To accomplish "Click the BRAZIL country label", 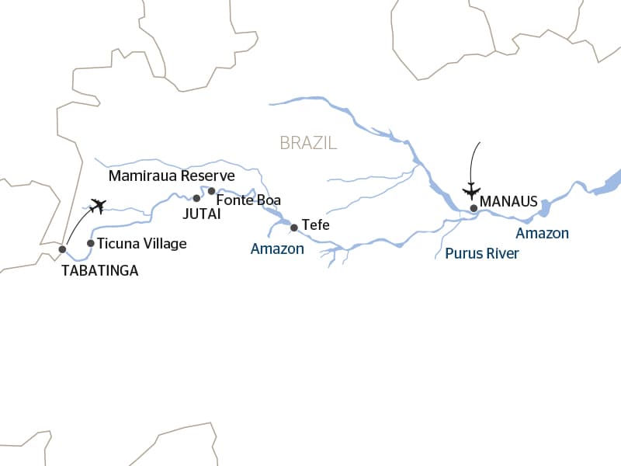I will (308, 143).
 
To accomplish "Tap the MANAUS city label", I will (509, 201).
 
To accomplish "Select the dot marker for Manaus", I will (474, 208).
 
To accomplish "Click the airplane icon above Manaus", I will (471, 190).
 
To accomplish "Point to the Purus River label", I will (482, 253).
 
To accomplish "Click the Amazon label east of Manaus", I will (543, 233).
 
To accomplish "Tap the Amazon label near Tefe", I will (277, 249).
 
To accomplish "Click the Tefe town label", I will (315, 225).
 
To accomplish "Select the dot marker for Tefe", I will (293, 228).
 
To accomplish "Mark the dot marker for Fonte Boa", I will (211, 190).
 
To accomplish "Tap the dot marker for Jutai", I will (196, 198).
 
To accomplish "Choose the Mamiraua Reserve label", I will (171, 176).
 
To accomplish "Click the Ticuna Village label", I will (142, 244).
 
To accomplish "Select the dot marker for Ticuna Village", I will (91, 243).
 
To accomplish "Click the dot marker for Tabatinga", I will (62, 249).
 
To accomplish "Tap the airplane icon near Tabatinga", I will (97, 206).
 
